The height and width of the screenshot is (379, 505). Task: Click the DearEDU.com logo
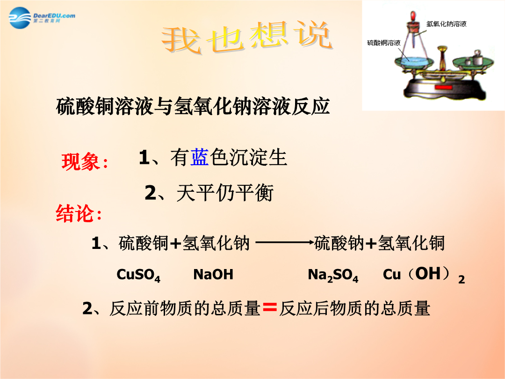click(x=42, y=18)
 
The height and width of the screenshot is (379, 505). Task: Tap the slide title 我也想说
click(x=247, y=37)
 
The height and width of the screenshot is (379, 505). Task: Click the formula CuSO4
click(x=138, y=275)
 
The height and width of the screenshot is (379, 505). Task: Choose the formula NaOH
click(x=213, y=274)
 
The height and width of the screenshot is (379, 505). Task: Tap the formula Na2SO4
click(x=333, y=275)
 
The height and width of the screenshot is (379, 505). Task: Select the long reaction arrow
click(x=285, y=242)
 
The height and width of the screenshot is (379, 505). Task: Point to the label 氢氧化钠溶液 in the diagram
click(x=447, y=24)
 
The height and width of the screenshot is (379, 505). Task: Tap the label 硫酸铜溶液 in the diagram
click(x=384, y=43)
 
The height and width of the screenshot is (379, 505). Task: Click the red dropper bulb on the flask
click(x=412, y=16)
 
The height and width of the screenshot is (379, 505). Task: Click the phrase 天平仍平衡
click(x=225, y=193)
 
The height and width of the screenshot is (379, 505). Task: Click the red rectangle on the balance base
click(x=444, y=87)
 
